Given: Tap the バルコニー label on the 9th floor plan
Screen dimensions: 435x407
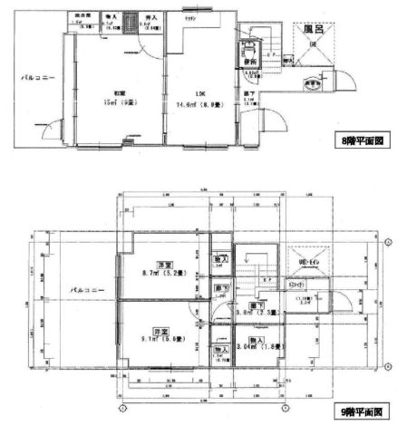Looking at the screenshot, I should click(x=88, y=291).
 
